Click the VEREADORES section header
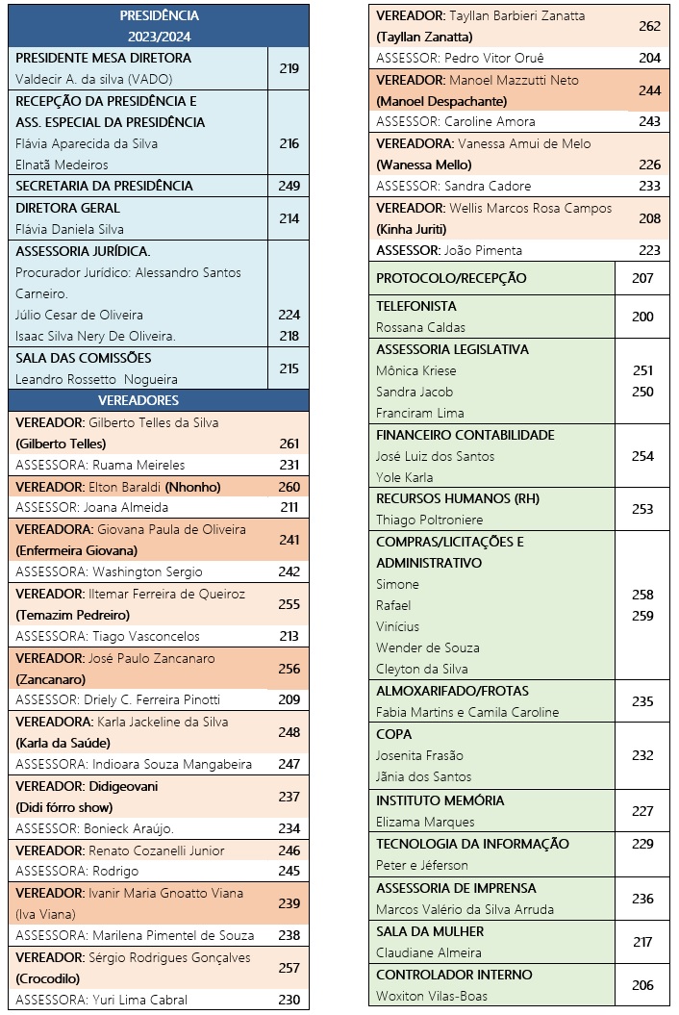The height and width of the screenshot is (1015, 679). coord(159,400)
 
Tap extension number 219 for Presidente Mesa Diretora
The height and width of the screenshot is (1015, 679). coord(289,68)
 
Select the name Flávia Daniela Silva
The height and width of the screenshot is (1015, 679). coord(69,229)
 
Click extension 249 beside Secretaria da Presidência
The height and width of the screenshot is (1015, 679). coord(289,186)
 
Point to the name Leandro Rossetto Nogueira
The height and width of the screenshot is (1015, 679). coord(96,379)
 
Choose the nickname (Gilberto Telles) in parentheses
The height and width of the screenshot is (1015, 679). coord(61,444)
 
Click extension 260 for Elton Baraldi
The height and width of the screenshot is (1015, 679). coord(289,487)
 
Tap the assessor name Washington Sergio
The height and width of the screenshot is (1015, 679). coord(162,571)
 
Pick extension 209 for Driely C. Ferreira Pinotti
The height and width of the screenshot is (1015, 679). coord(289,699)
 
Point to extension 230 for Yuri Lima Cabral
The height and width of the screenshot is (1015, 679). coord(289,1000)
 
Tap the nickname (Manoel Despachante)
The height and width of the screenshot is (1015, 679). coord(441,101)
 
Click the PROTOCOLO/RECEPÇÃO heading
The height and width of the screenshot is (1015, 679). coord(451,278)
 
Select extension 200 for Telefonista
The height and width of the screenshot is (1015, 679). coord(642,317)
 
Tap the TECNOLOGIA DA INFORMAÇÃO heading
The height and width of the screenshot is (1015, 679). coord(472,844)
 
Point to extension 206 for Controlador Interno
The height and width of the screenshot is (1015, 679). coord(642,984)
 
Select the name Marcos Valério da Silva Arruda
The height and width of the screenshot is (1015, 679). coord(465,909)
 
